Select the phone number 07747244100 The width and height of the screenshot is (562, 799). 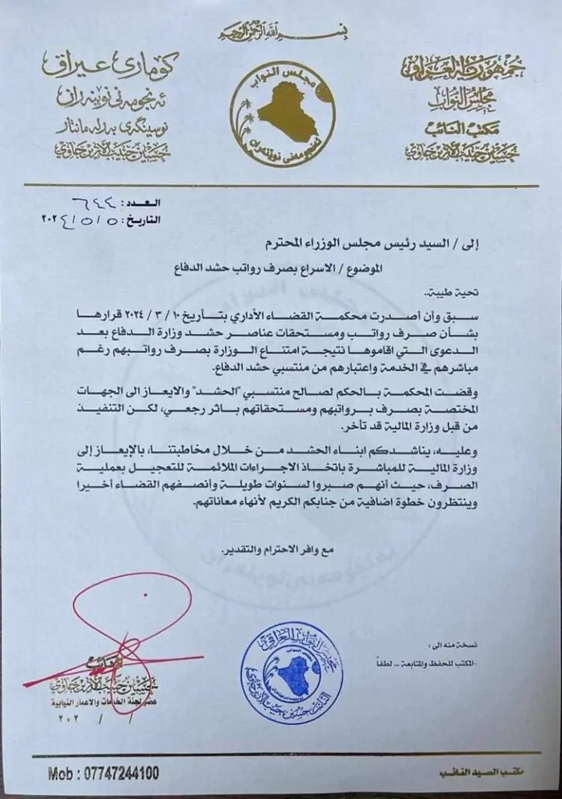click(x=115, y=773)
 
